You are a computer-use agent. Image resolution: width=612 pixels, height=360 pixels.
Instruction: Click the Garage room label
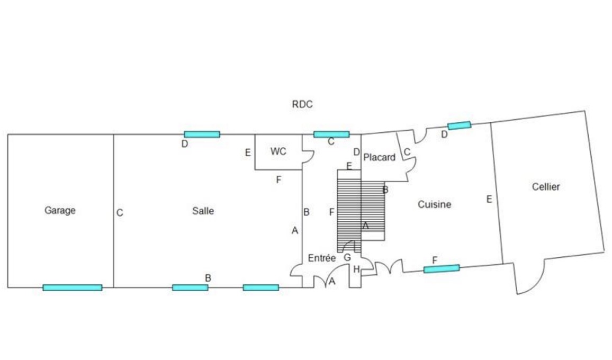point(60,211)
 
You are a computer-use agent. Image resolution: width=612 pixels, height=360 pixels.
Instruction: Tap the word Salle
point(203,211)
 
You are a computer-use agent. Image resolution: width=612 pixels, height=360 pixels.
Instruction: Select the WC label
point(278,151)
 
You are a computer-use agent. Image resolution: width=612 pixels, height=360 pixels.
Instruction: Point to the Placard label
point(380,157)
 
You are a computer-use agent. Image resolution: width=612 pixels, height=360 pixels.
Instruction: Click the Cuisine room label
point(435,204)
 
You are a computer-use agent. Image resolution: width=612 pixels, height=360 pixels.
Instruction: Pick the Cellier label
point(546,187)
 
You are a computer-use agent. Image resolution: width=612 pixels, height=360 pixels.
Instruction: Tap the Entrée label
point(322,258)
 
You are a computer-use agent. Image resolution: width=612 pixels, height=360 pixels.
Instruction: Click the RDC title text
point(302,104)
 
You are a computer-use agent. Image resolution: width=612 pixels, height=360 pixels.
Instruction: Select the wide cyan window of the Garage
point(72,288)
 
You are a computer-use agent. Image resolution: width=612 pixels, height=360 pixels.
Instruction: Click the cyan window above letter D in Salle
point(202,134)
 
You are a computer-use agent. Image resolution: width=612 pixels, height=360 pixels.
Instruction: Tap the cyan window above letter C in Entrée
point(331,134)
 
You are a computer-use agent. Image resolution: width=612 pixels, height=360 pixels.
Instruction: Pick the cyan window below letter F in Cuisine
point(442,268)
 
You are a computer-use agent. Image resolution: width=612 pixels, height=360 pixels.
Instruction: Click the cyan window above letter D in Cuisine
point(460,125)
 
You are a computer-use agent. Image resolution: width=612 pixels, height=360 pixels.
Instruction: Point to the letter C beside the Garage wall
point(120,213)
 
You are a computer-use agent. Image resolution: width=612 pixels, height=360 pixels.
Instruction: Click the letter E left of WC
point(248,152)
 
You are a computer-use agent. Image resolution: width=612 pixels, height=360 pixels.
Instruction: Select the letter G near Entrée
point(347,258)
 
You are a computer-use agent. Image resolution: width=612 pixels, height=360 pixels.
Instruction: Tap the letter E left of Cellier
point(489,199)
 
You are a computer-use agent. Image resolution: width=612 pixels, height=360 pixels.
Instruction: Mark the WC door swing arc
point(308,156)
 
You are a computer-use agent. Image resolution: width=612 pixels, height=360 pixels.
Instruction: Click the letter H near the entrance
point(356,269)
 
